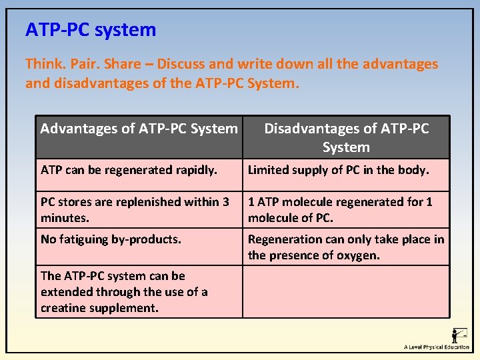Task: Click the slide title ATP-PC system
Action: click(x=91, y=30)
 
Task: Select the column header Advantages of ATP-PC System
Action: click(x=139, y=128)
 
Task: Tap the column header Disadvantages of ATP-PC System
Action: click(x=346, y=137)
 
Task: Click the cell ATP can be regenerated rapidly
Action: click(x=129, y=170)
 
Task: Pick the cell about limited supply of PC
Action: click(x=338, y=170)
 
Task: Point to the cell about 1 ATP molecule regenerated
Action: click(x=340, y=209)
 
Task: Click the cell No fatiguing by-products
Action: click(x=111, y=239)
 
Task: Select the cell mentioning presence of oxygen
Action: click(x=345, y=247)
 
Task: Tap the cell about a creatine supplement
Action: click(x=124, y=291)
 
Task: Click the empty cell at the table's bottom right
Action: click(x=345, y=291)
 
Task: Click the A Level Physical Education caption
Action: click(x=436, y=347)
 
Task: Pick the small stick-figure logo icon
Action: click(x=459, y=335)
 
